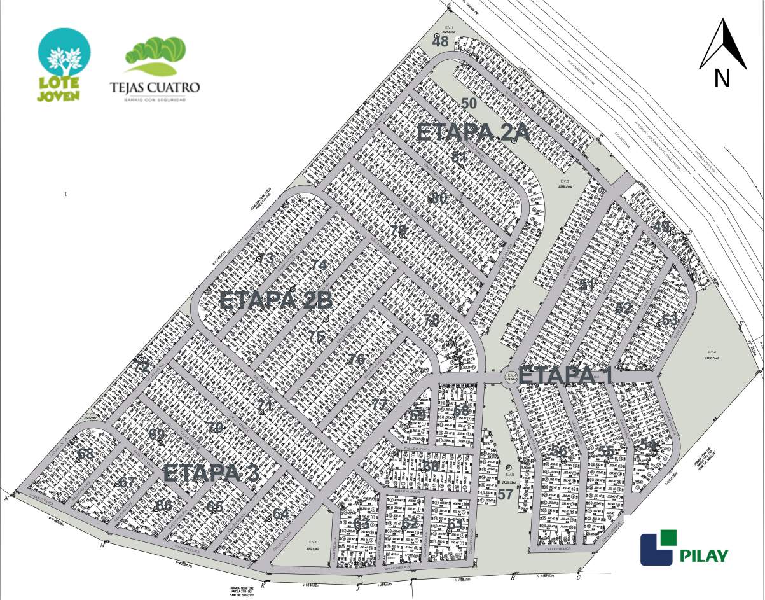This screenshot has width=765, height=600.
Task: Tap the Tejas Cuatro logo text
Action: tap(155, 87)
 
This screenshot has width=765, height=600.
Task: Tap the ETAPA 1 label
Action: tap(565, 375)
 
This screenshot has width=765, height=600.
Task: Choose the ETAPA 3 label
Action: tap(211, 473)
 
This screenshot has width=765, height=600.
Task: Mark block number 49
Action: tap(661, 226)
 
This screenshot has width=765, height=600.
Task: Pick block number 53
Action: tap(670, 319)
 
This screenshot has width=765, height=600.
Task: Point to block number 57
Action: tap(506, 494)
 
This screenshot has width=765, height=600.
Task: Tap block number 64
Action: tap(280, 513)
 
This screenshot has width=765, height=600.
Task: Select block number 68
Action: tap(85, 454)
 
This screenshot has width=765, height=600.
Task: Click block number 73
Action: tap(265, 258)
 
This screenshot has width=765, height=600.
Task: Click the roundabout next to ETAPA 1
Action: tap(511, 377)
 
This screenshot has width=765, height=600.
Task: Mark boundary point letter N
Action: tap(6, 498)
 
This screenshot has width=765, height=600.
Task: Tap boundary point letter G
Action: tap(578, 578)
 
